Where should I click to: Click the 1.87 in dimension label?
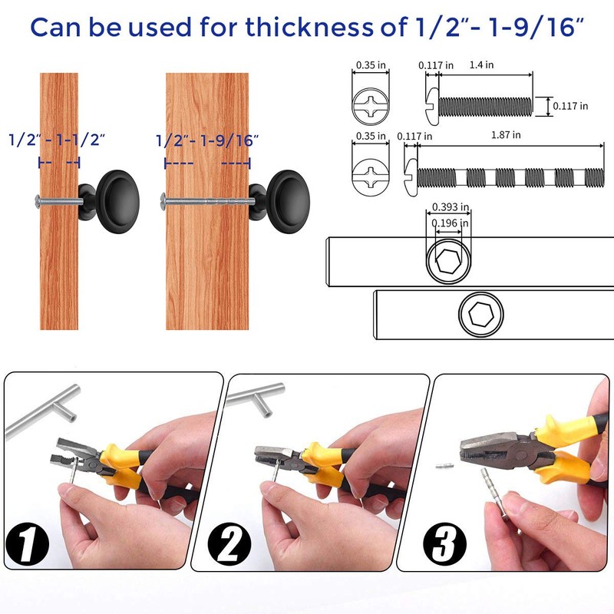pos(507,135)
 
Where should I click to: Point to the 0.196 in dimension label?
pos(451,223)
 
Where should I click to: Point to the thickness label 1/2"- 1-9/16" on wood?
pos(207,141)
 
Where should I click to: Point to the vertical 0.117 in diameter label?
pos(572,106)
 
